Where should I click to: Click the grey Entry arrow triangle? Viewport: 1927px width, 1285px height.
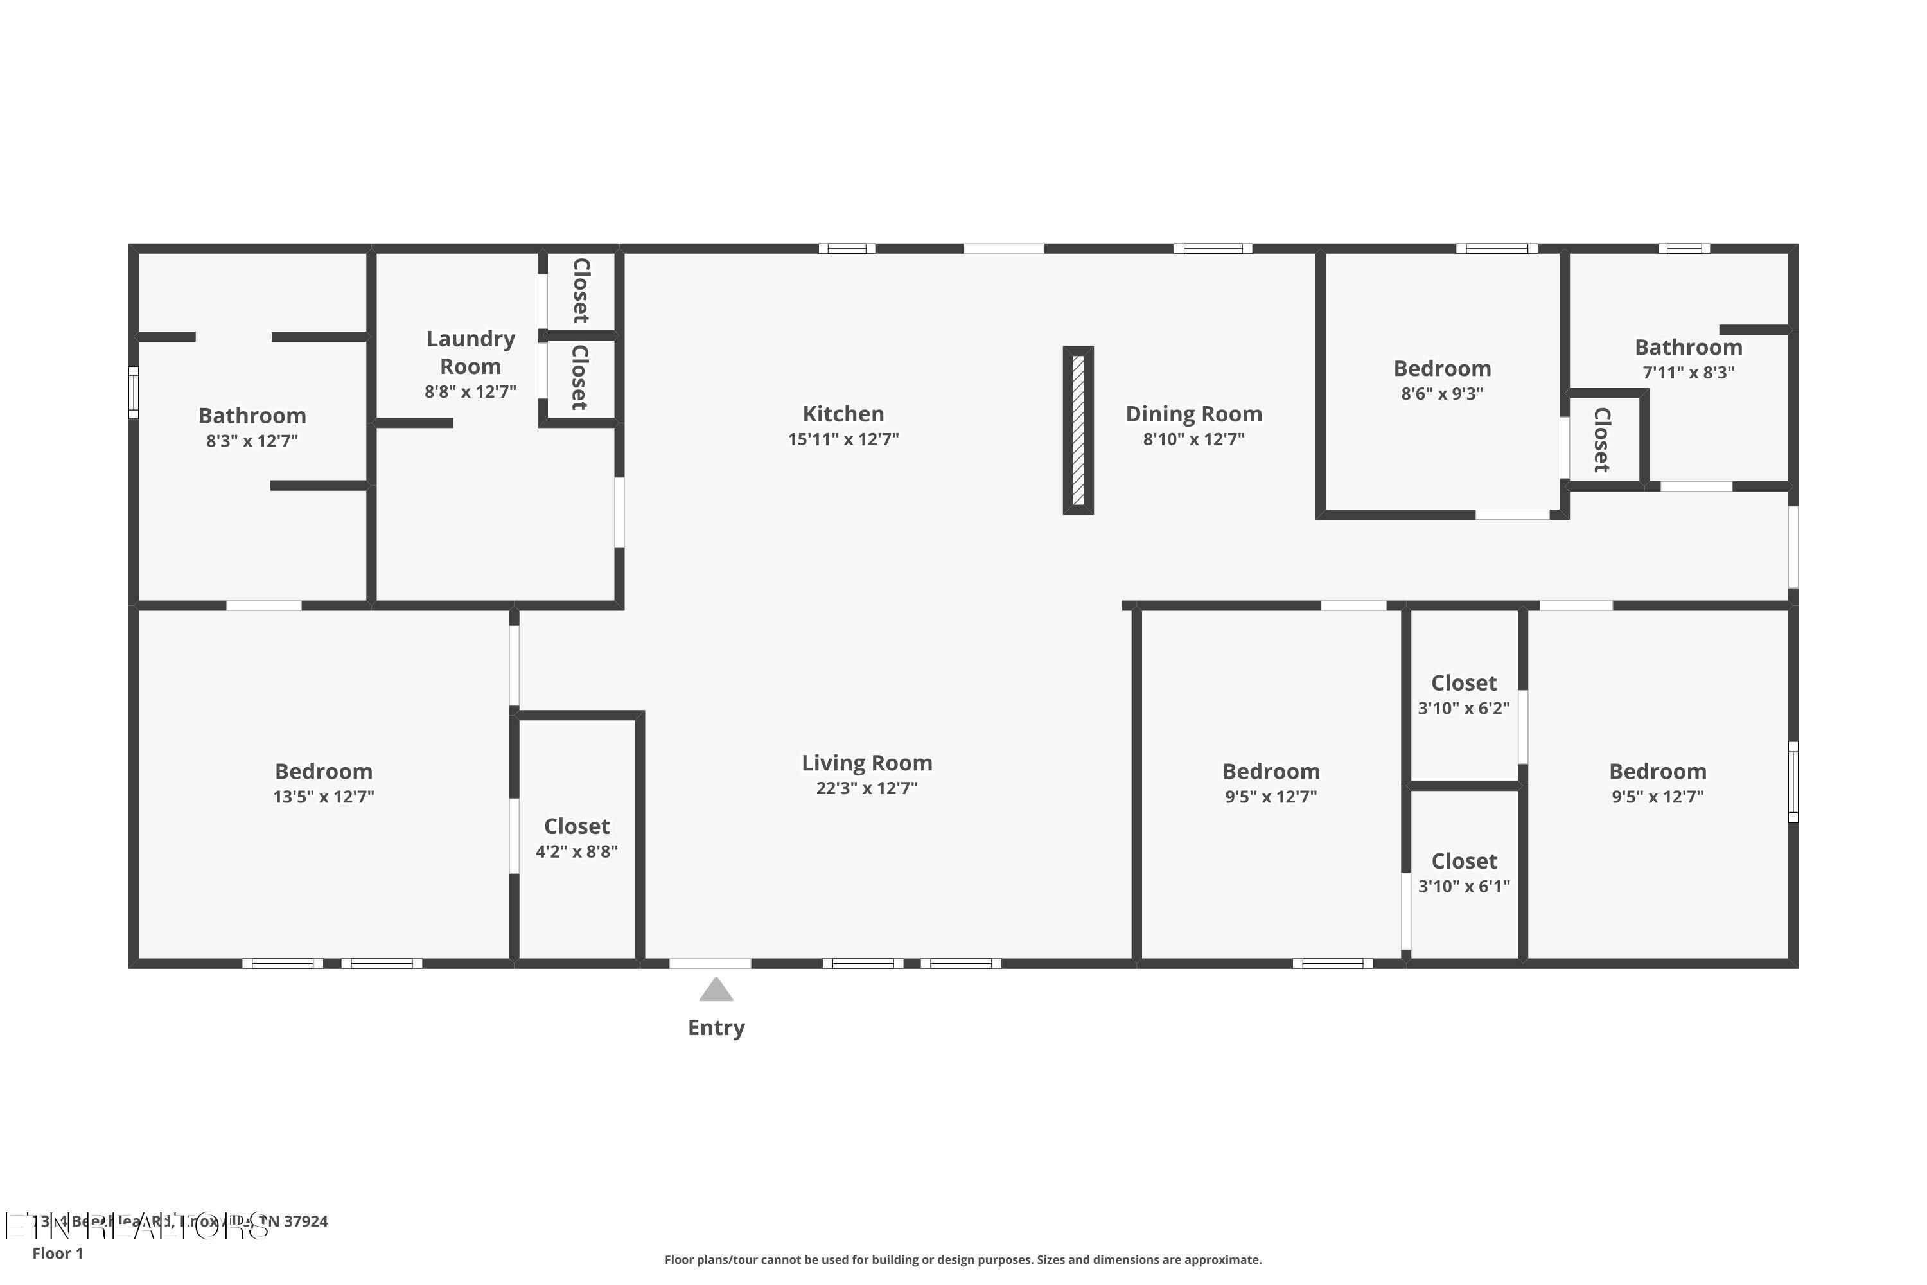coord(716,991)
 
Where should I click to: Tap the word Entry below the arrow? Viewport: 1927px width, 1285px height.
coord(716,1027)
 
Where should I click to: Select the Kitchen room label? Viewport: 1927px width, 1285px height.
coord(843,414)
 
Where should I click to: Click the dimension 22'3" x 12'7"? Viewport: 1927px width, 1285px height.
coord(866,788)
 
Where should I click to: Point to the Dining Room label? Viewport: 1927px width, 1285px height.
coord(1193,414)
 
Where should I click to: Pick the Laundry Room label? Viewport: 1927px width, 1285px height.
coord(470,352)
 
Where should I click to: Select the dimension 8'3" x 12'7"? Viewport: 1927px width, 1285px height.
coord(252,441)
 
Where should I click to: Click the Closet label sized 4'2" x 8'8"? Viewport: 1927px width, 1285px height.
coord(577,826)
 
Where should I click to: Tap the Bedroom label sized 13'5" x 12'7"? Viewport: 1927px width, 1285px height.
coord(324,771)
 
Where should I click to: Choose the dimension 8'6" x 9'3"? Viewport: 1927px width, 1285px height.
coord(1442,393)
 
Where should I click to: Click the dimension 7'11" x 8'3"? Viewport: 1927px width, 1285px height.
coord(1688,372)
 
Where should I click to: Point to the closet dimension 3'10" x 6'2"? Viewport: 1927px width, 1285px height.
coord(1463,708)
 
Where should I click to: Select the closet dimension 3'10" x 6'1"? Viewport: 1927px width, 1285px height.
coord(1463,886)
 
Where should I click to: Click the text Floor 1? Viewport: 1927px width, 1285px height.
coord(57,1253)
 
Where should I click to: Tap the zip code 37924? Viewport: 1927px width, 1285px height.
coord(306,1221)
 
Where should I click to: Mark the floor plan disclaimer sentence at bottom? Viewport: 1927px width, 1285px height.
coord(963,1259)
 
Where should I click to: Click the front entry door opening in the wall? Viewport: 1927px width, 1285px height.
coord(710,963)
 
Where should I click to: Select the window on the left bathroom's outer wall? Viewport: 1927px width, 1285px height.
coord(134,392)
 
